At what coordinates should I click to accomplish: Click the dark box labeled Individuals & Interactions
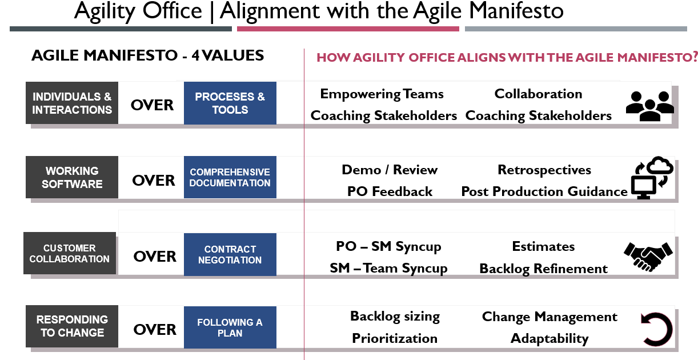(x=72, y=103)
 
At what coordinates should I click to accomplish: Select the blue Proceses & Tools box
(x=230, y=103)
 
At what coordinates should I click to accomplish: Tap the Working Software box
(x=72, y=177)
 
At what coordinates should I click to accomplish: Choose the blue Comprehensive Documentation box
(x=230, y=177)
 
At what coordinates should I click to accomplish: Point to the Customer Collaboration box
(x=70, y=253)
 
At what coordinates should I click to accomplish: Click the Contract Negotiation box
(x=230, y=254)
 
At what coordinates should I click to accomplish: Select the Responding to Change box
(x=72, y=326)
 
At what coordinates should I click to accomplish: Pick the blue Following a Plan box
(x=230, y=327)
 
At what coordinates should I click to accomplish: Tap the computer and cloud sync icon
(x=652, y=178)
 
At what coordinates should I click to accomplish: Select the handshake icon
(x=648, y=256)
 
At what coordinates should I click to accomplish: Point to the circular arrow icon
(x=656, y=329)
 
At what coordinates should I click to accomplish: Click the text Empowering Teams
(x=382, y=94)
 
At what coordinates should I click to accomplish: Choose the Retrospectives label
(x=544, y=170)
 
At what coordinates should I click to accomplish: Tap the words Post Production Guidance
(x=544, y=191)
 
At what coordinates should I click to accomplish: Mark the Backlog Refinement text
(x=543, y=269)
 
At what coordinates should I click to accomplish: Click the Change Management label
(x=549, y=317)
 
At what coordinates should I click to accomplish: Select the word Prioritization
(x=395, y=338)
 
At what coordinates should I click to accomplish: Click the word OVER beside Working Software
(x=154, y=181)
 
